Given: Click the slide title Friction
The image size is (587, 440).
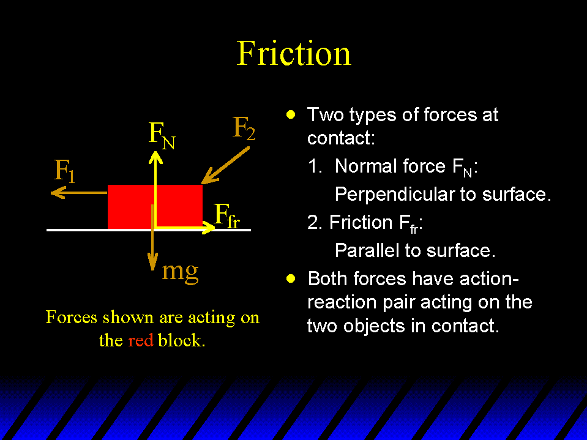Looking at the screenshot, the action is (294, 53).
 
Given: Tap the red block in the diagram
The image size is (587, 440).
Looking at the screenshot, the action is (155, 206).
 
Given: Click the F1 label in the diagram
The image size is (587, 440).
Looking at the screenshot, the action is (64, 171).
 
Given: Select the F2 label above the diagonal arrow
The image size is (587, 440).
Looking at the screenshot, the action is (244, 128).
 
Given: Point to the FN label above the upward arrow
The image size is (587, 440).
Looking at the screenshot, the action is (162, 135).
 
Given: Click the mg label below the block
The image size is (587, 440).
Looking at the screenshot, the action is (180, 272).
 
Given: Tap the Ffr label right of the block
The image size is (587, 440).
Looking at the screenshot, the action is (227, 216).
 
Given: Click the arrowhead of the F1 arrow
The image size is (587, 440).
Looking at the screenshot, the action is (58, 193).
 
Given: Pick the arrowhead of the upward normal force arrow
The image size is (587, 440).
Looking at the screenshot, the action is (155, 157).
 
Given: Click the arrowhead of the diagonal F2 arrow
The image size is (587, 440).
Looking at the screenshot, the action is (209, 177).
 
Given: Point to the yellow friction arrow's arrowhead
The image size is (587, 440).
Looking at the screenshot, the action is (208, 227).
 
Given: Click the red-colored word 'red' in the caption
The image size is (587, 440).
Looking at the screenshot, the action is (140, 340).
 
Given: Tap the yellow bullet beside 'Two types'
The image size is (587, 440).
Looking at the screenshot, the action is (291, 114).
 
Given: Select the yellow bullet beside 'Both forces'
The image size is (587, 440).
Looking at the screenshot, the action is (291, 278).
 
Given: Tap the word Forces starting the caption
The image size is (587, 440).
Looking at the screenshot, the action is (72, 317).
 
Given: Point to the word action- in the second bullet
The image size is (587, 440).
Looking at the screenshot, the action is (489, 278).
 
